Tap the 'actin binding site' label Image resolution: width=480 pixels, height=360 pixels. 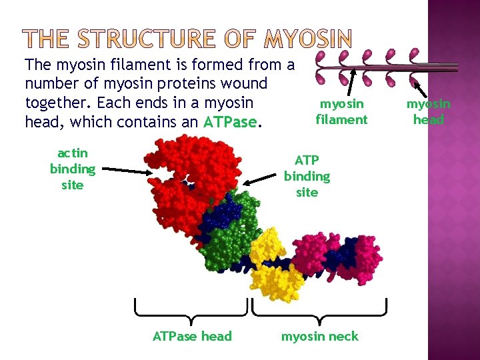tap(72, 169)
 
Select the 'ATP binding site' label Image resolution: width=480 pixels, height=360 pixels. tap(307, 176)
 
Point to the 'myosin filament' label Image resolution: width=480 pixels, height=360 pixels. tap(341, 111)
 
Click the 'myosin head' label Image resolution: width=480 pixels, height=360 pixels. tap(429, 111)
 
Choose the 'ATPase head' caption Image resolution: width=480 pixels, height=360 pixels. tap(192, 336)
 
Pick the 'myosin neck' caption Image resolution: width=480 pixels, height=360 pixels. tap(319, 336)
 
